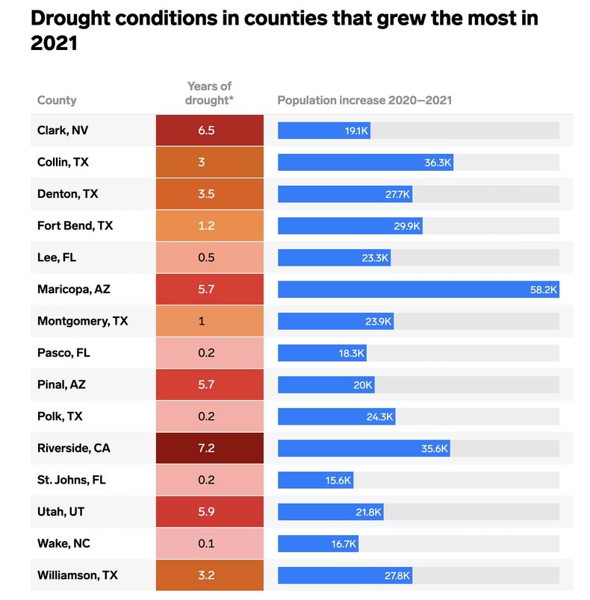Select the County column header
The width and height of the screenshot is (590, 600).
click(x=57, y=100)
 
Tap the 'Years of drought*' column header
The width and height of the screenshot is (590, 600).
click(x=210, y=93)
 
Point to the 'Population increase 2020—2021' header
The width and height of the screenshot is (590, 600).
click(x=364, y=100)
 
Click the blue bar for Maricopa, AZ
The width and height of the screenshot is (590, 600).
click(x=418, y=290)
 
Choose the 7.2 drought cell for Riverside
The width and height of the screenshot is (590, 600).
click(x=210, y=449)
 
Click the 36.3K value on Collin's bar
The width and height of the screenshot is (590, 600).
click(x=438, y=162)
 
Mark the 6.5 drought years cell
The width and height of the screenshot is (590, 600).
click(x=210, y=131)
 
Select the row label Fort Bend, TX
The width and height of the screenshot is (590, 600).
click(x=75, y=225)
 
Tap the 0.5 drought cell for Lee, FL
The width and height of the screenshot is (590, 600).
click(x=210, y=257)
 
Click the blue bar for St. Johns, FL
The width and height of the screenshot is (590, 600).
click(x=315, y=481)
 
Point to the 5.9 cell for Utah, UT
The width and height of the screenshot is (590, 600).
click(x=210, y=512)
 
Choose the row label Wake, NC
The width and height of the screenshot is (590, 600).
click(x=63, y=544)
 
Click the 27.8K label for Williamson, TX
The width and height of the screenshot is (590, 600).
click(x=397, y=575)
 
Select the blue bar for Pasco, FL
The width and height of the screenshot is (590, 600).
click(x=322, y=353)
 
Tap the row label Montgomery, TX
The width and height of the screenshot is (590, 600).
click(x=82, y=321)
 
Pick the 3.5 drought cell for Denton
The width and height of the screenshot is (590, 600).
click(x=210, y=194)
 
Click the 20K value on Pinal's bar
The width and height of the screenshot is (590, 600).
click(x=363, y=385)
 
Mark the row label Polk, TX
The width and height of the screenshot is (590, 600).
click(x=61, y=416)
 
